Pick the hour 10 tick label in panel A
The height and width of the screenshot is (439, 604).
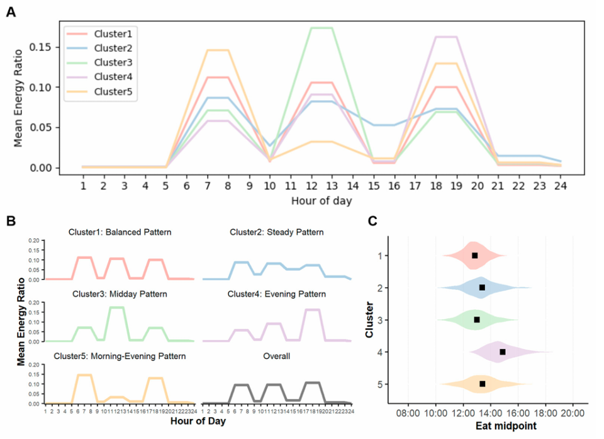270,186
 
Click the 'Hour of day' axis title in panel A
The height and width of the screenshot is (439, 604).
322,202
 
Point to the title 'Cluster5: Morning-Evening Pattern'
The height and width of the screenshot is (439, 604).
119,356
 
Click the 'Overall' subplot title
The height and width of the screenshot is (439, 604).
277,356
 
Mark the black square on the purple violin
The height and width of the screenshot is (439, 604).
502,351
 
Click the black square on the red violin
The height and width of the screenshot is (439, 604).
474,255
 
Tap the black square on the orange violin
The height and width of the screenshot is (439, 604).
483,384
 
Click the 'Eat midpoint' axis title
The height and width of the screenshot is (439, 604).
490,429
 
